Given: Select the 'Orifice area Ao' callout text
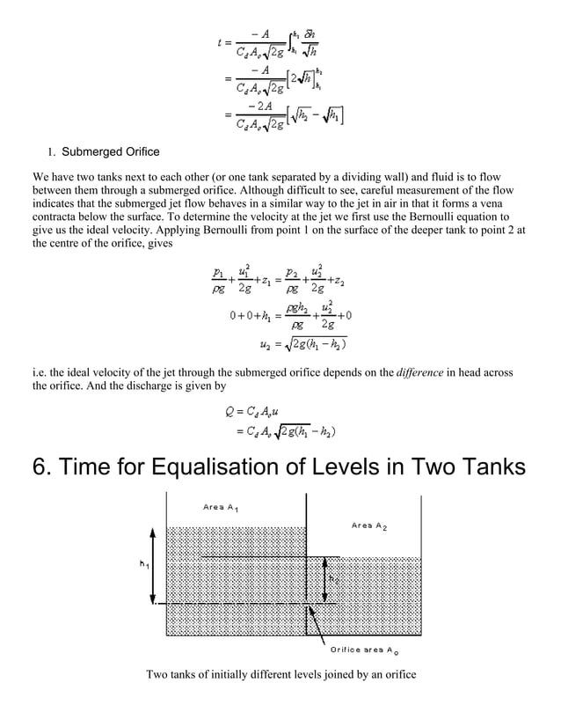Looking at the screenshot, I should pyautogui.click(x=368, y=650).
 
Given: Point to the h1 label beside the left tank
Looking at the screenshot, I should pyautogui.click(x=142, y=564).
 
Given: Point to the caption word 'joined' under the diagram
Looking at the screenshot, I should pyautogui.click(x=331, y=675).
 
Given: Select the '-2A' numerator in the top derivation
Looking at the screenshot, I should pyautogui.click(x=259, y=106).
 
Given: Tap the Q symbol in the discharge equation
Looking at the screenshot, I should pyautogui.click(x=230, y=413).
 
